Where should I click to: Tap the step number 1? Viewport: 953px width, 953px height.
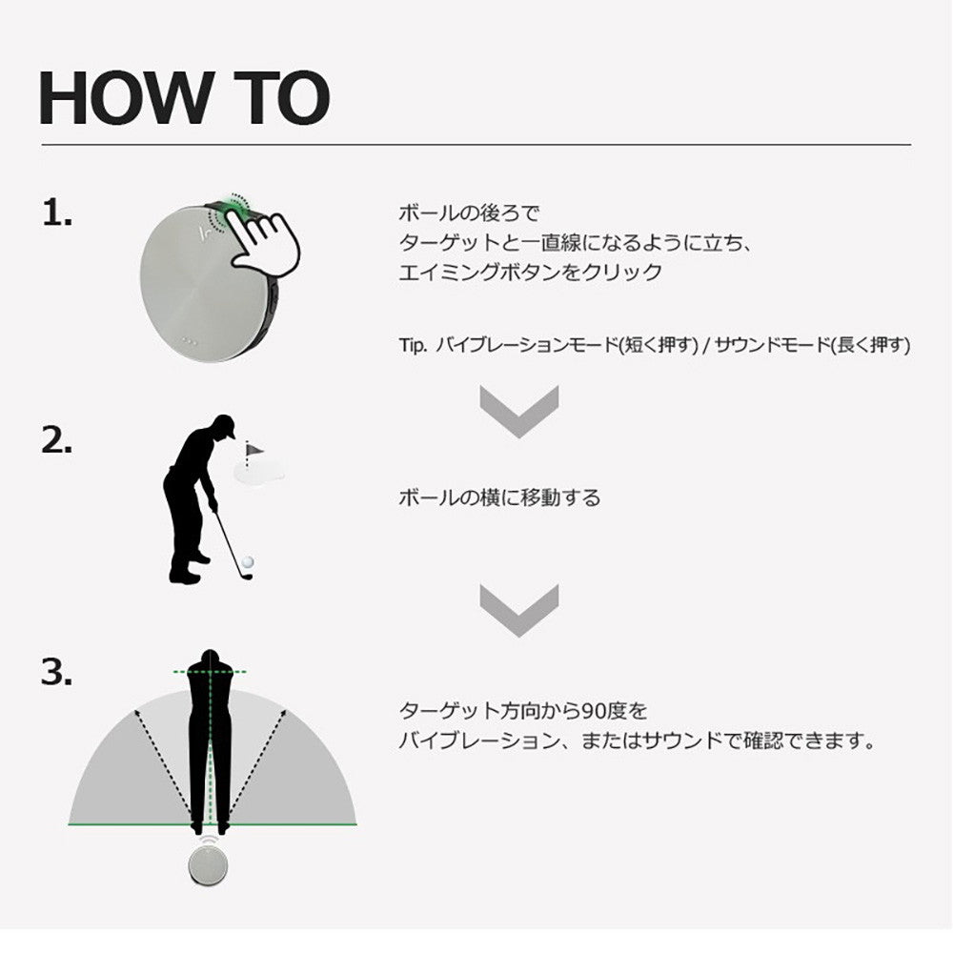coord(56,214)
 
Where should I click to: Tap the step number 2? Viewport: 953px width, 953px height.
coord(57,440)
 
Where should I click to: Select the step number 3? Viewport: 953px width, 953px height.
coord(57,673)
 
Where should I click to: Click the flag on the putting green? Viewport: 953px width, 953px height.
coord(253,449)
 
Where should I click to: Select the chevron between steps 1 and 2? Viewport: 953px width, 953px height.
coord(518,412)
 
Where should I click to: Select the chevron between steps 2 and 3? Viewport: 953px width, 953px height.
coord(518,610)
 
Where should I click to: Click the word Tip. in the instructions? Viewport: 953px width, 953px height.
coord(413,345)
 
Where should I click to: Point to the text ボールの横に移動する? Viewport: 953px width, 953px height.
coord(499,497)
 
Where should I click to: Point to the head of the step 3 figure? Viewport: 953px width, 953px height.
coord(210,661)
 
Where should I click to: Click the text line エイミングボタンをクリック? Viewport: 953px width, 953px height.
coord(530,273)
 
